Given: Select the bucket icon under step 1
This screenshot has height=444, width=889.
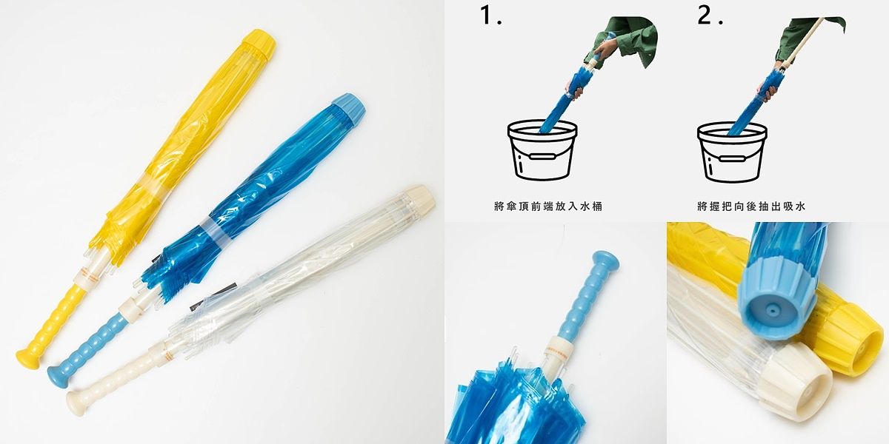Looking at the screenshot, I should [542, 152].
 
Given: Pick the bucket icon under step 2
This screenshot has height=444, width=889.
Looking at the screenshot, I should [731, 152].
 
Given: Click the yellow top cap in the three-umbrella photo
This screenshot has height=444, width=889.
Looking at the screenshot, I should [259, 44].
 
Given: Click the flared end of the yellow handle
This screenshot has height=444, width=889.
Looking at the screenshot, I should [28, 360].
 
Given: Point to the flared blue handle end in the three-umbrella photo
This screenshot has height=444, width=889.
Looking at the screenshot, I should [58, 377].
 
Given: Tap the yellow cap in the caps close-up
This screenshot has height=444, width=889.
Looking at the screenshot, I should [852, 337].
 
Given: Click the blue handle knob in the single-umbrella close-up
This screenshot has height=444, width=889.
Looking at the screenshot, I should [606, 260].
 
